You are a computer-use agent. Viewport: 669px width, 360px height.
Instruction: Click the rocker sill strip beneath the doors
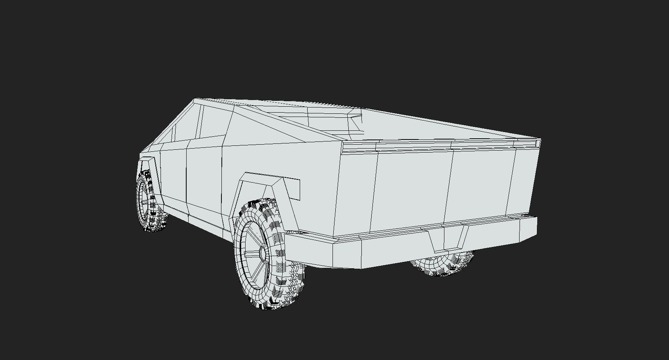pyautogui.click(x=194, y=219)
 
